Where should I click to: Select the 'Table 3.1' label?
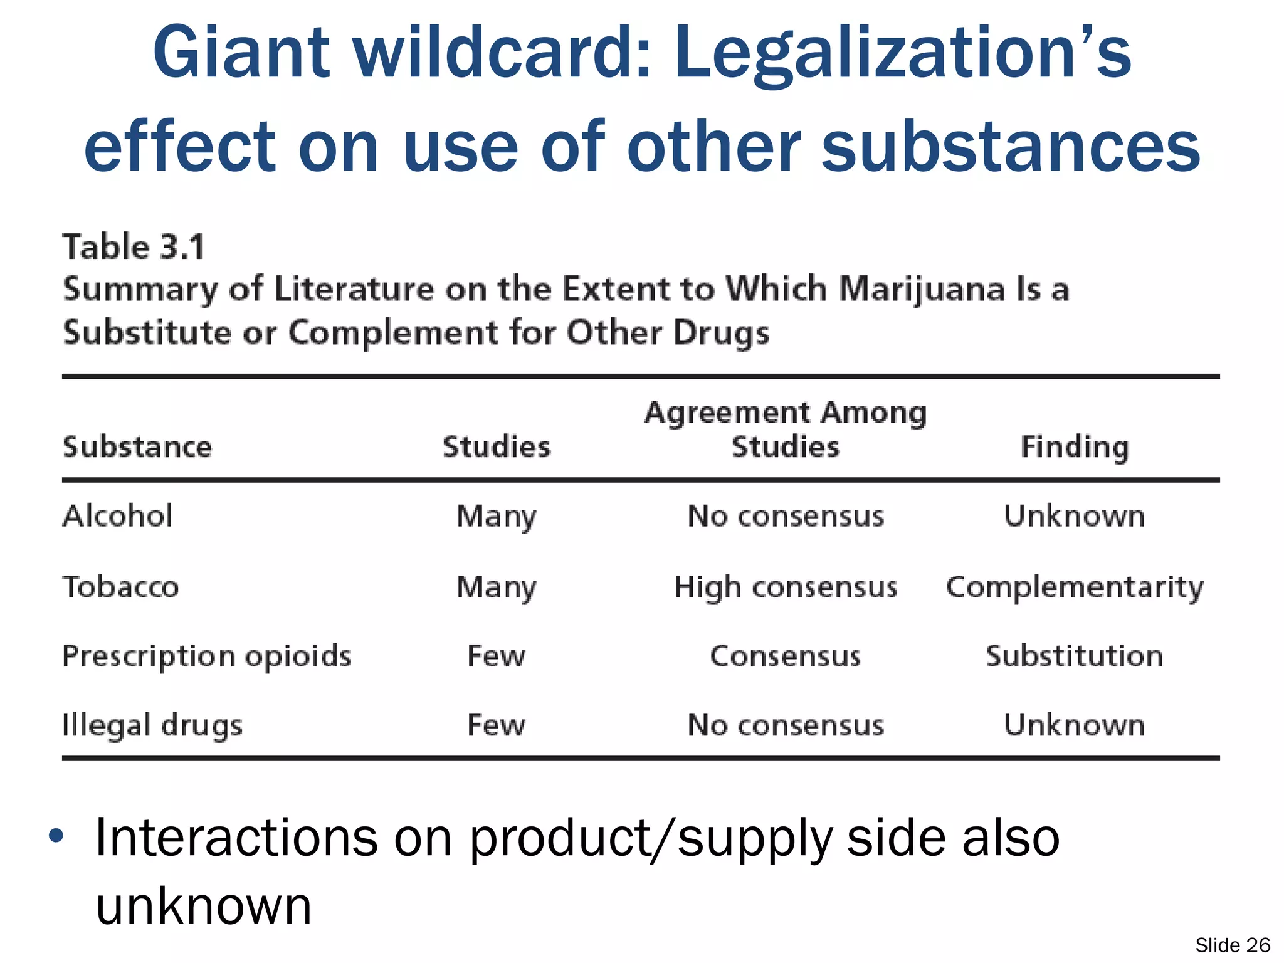click(134, 246)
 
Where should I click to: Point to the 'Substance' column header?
click(137, 447)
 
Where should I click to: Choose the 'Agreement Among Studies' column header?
click(785, 430)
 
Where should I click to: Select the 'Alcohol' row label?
click(117, 516)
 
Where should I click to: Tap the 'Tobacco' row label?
click(120, 587)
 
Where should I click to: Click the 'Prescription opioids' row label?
click(207, 656)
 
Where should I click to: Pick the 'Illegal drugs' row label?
click(152, 725)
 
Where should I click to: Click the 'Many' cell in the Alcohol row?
click(496, 517)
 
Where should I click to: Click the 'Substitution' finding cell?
click(1075, 656)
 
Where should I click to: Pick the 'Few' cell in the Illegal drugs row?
click(496, 725)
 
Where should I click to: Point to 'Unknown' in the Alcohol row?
click(1074, 516)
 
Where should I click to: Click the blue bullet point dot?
click(56, 836)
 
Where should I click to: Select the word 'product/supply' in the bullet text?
click(650, 839)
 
